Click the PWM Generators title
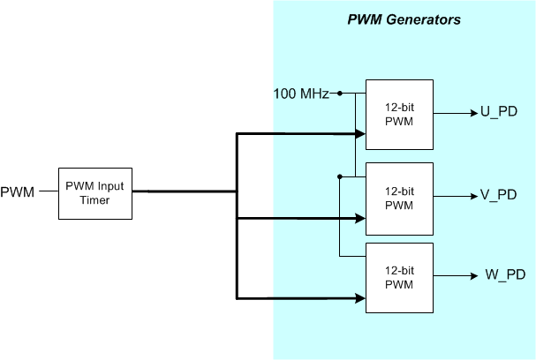click(x=403, y=19)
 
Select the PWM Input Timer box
click(x=95, y=192)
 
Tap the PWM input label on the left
click(x=18, y=192)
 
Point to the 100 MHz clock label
click(x=301, y=94)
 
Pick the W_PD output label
click(x=504, y=274)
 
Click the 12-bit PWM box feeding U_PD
click(x=399, y=114)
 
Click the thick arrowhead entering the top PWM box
click(x=360, y=134)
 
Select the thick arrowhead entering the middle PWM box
click(x=360, y=218)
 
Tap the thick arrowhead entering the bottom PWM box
click(x=360, y=297)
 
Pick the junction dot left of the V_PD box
click(x=339, y=176)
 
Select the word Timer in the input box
click(x=95, y=200)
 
